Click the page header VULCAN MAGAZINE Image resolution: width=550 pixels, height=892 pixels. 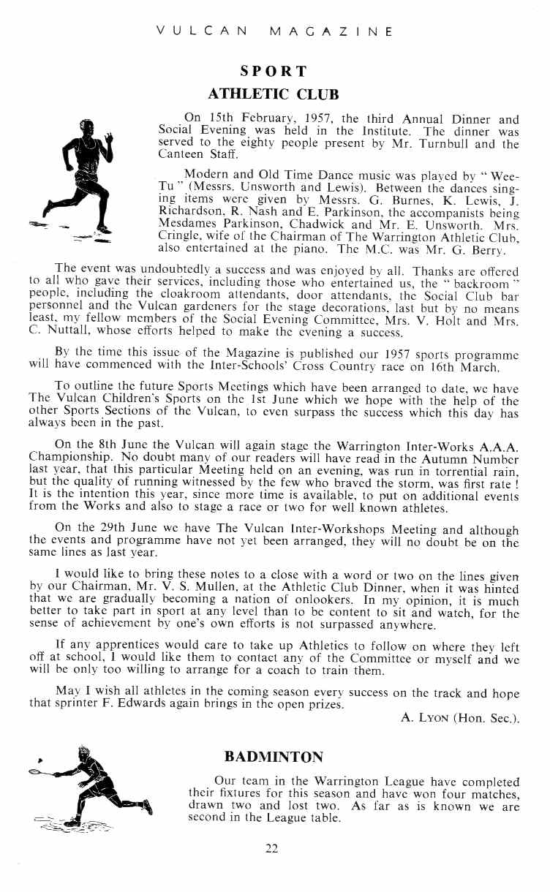click(x=275, y=32)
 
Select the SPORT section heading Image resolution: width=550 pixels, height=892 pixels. click(x=274, y=72)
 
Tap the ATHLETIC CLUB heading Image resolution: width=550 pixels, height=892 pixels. click(x=274, y=94)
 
